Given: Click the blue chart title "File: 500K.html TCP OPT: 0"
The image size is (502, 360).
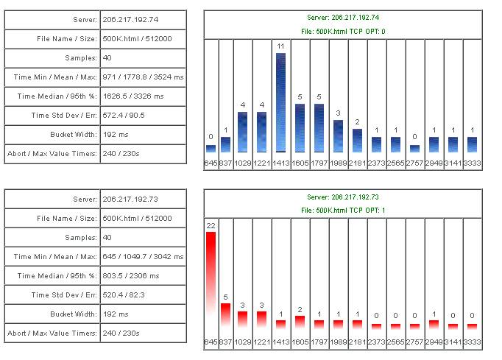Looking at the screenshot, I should pyautogui.click(x=342, y=31).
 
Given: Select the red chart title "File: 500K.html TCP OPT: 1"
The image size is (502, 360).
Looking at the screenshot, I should pyautogui.click(x=342, y=211).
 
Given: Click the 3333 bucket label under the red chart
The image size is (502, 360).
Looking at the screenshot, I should pyautogui.click(x=472, y=342).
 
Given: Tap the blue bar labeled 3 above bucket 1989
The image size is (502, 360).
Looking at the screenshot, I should pyautogui.click(x=338, y=136).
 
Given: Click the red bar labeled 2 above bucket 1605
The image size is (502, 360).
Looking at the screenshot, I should pyautogui.click(x=300, y=321).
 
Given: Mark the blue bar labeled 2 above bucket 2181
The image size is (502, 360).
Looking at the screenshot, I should pyautogui.click(x=357, y=141).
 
